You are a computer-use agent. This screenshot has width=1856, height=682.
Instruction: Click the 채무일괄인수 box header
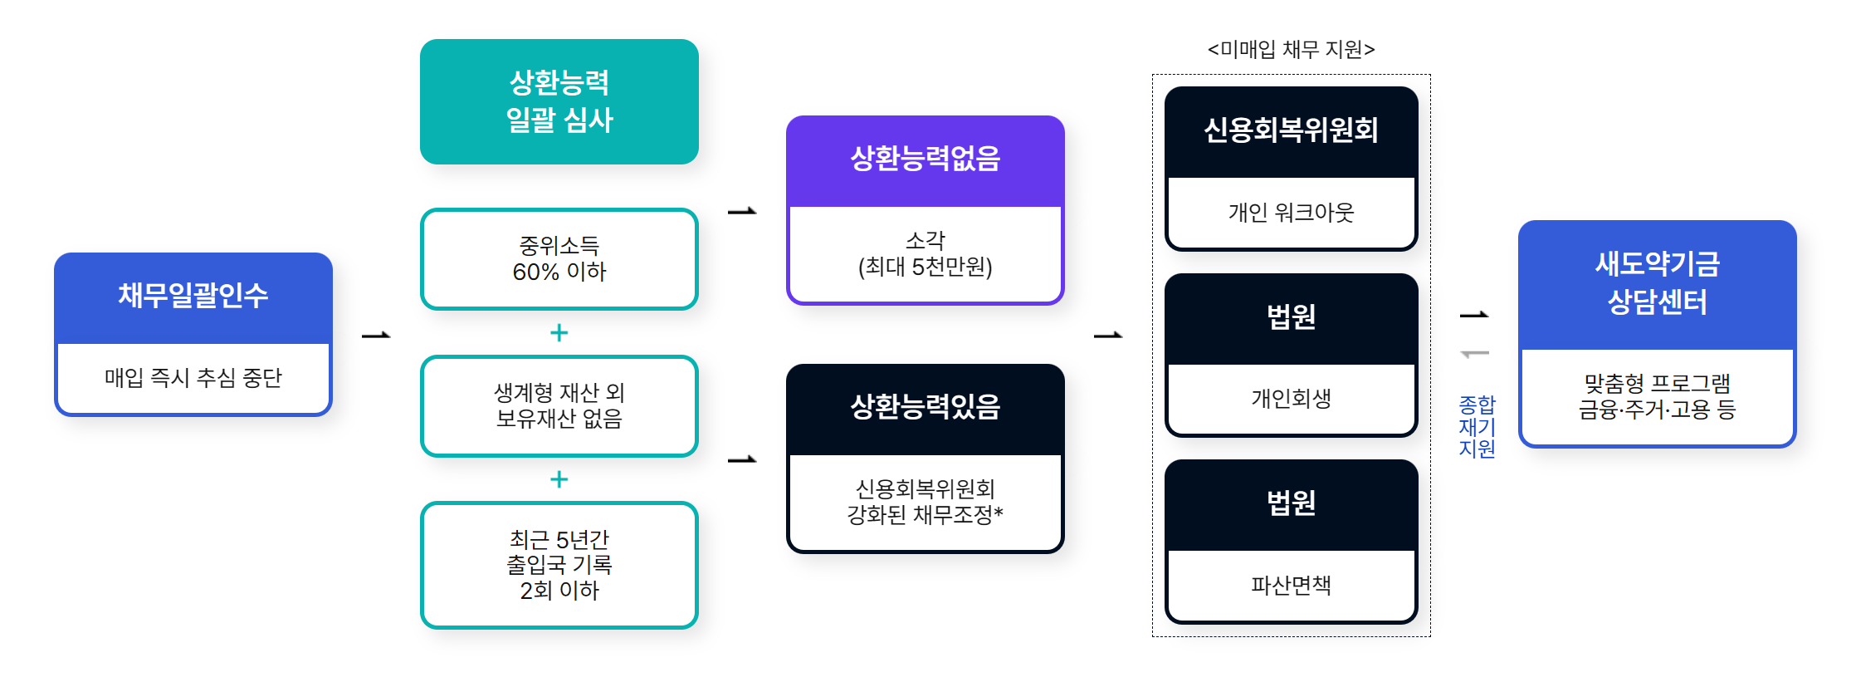click(193, 297)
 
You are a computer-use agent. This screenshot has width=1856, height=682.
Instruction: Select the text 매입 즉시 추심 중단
click(193, 378)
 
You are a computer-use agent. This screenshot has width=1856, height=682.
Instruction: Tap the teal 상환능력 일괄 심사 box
click(559, 101)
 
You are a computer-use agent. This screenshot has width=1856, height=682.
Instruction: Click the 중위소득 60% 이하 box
click(559, 258)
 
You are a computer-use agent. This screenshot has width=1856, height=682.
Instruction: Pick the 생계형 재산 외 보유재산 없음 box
click(559, 405)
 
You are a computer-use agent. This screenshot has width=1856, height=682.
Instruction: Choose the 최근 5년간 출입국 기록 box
click(559, 565)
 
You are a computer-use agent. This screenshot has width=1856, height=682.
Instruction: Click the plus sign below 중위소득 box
click(559, 333)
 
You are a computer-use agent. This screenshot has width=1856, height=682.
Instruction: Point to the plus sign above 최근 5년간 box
click(559, 479)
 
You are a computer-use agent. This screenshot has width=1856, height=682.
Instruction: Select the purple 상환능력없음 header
click(925, 159)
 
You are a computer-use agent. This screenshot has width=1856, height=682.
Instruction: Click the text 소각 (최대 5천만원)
click(925, 253)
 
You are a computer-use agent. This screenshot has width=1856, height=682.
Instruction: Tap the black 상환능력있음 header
click(925, 407)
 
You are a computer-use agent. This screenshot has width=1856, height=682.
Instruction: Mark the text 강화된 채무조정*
click(925, 515)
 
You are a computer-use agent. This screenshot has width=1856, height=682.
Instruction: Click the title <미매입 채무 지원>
click(1291, 50)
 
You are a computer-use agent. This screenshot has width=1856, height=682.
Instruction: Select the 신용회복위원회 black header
click(1291, 130)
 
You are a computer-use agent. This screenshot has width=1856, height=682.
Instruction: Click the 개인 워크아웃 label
click(1291, 213)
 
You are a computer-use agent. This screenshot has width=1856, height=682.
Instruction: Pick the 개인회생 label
click(1291, 399)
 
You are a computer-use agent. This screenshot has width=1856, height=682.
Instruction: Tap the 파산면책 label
click(1291, 586)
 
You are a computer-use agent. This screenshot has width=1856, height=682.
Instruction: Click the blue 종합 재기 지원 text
click(1477, 427)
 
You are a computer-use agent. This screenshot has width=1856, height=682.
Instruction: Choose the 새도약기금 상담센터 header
click(1657, 283)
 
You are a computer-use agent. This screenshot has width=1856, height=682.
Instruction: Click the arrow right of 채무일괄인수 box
click(376, 336)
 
